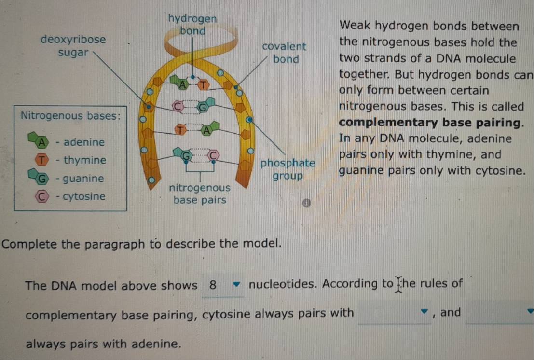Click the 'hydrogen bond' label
192,25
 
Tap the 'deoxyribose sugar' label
73,46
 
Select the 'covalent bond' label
284,53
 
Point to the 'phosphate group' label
288,169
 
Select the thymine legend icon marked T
43,160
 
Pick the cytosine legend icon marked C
43,196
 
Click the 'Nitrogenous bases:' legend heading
70,116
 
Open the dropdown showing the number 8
223,285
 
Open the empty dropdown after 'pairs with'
395,313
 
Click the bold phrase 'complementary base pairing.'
432,123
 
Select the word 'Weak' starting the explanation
356,26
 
